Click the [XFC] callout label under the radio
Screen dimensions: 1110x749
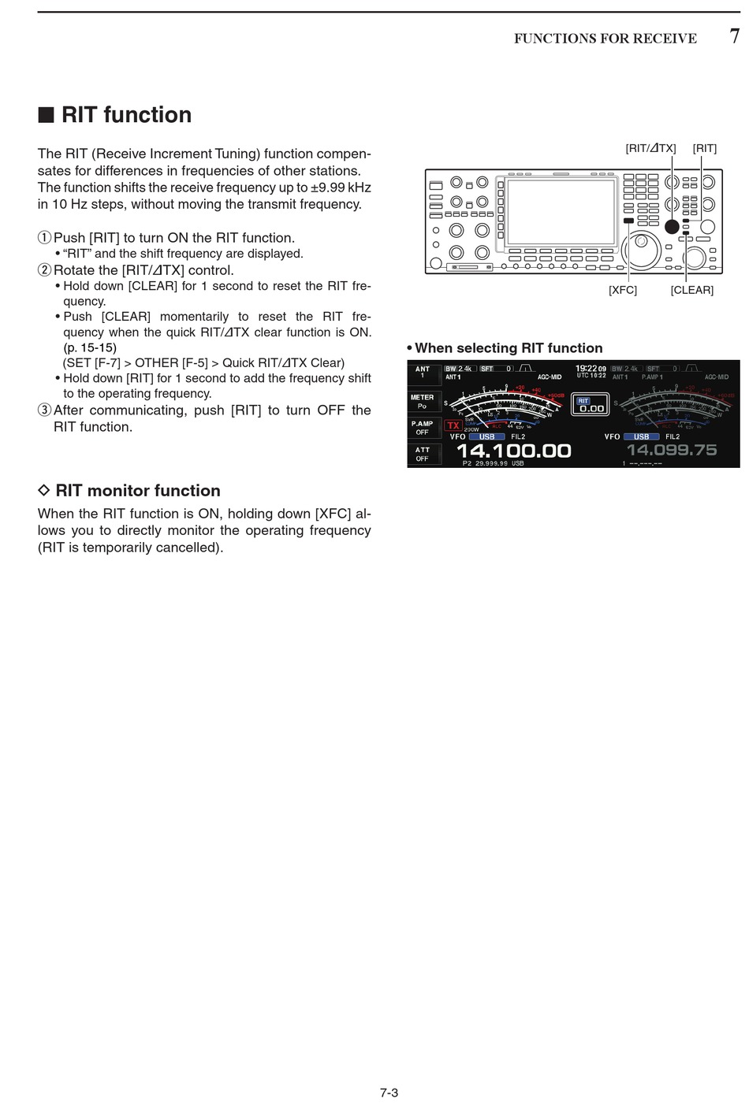[x=622, y=290]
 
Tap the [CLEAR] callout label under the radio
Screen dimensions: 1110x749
[x=691, y=290]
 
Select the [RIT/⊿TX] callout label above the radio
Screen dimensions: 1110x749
[x=650, y=148]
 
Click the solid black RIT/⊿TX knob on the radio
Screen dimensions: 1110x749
[x=671, y=227]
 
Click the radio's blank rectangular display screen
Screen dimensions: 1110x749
[x=561, y=211]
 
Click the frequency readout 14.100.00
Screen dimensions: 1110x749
[x=513, y=451]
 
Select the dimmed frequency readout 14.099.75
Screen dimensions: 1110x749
[x=671, y=450]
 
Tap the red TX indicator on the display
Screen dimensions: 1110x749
[x=453, y=425]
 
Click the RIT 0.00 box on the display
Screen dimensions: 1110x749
[x=590, y=405]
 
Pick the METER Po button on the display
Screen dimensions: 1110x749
[x=423, y=402]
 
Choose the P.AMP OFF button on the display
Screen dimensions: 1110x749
[x=423, y=428]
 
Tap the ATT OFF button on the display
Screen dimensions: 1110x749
[x=423, y=454]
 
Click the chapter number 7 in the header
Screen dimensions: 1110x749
[x=734, y=36]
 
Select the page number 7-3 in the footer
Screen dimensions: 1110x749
[x=389, y=1093]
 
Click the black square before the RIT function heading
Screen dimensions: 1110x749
[x=46, y=115]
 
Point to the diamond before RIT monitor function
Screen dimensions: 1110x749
[x=44, y=490]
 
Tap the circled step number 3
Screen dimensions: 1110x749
[x=44, y=410]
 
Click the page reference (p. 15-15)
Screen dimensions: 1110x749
[x=90, y=347]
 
